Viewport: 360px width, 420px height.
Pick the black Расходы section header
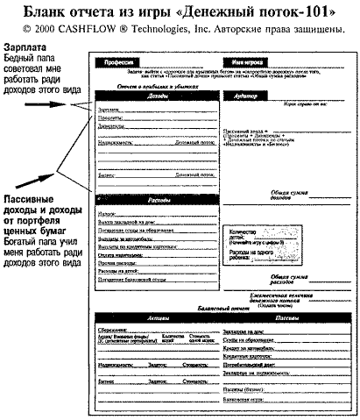(x=158, y=201)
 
